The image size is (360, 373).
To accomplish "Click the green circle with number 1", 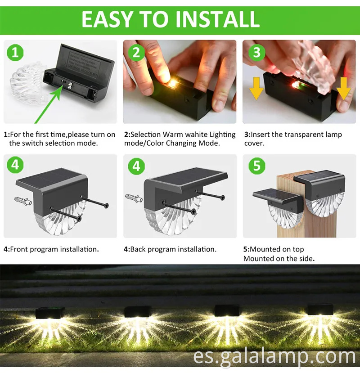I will click(x=15, y=53).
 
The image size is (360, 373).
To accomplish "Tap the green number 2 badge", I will click(x=136, y=53).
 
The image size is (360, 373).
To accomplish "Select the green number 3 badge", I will click(x=256, y=53).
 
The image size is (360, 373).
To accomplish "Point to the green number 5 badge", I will click(x=256, y=166).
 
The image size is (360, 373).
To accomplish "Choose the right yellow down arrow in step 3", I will click(x=343, y=88).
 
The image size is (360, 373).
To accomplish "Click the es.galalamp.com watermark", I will click(x=274, y=358).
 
